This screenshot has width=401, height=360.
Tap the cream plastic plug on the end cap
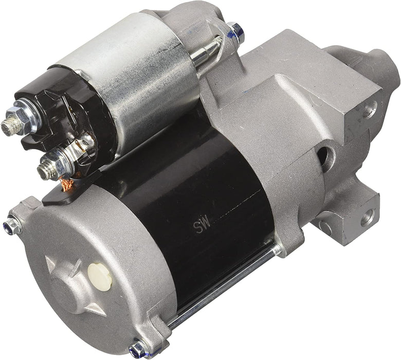tap(100, 276)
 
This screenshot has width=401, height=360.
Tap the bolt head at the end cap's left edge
tap(12, 224)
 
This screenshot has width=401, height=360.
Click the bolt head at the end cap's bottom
tap(138, 350)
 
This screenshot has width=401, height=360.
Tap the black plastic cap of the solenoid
tap(62, 113)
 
